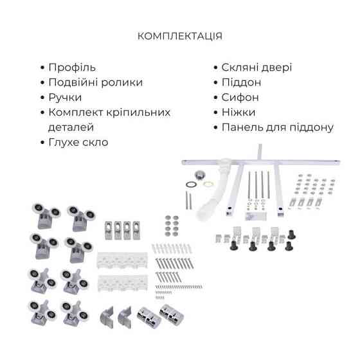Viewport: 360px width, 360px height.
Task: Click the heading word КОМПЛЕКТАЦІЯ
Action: pyautogui.click(x=180, y=35)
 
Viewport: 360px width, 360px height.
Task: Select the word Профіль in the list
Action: pyautogui.click(x=72, y=67)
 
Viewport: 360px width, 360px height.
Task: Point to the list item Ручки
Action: pyautogui.click(x=65, y=97)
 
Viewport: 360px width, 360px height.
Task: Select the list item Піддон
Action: pyautogui.click(x=242, y=82)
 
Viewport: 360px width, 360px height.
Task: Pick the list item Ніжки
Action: pyautogui.click(x=238, y=112)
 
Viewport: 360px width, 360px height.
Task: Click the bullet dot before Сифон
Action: pyautogui.click(x=216, y=98)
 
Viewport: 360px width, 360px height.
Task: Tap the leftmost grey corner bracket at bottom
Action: pyautogui.click(x=107, y=316)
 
